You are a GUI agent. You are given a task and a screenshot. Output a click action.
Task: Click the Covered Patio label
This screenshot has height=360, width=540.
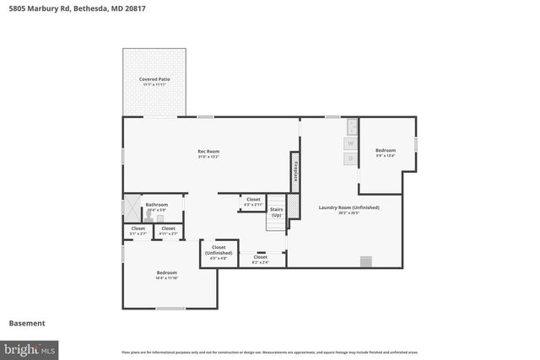154,82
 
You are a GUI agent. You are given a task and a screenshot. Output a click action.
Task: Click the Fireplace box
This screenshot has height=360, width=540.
295,171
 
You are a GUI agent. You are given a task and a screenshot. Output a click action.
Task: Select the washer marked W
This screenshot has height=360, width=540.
351,143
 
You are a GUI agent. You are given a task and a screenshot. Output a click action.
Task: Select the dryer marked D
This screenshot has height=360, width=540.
351,158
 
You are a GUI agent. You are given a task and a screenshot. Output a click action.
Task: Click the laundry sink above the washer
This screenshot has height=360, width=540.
352,127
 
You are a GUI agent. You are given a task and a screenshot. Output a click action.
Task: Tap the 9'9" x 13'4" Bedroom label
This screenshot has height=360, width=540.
385,153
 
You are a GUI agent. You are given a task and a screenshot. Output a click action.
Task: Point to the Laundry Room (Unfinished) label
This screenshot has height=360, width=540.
348,209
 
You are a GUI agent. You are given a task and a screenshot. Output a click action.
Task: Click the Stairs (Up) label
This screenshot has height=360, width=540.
276,212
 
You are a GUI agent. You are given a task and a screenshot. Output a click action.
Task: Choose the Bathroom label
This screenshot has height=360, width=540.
156,206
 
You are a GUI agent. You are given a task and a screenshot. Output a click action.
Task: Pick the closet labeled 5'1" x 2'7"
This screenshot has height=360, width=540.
138,230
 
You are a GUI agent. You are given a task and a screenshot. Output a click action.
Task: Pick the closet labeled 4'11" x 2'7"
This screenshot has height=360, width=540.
168,230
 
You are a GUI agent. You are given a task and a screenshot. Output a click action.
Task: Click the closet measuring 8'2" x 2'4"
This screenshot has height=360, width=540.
260,259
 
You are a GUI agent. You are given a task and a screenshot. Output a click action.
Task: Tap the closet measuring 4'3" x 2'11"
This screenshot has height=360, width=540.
253,201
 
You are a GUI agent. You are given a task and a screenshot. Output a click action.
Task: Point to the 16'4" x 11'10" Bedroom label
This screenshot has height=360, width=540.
166,275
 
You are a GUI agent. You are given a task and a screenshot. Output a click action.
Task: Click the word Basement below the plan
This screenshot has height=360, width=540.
27,323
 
